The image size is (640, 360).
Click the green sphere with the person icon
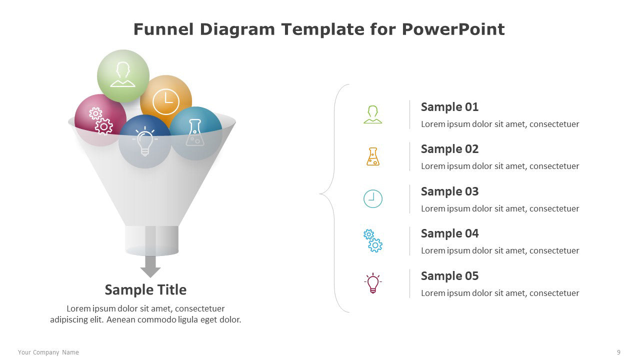[x=123, y=76]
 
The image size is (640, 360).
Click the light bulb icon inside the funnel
[x=145, y=141]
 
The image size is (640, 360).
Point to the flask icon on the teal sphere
[x=195, y=132]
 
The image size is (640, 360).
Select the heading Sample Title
[x=145, y=289]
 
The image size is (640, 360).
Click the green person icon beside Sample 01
[x=373, y=114]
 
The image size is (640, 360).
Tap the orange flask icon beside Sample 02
[x=373, y=156]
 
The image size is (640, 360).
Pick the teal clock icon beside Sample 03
[x=373, y=198]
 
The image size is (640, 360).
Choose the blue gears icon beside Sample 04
[x=373, y=240]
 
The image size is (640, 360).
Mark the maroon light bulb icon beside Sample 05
[x=373, y=283]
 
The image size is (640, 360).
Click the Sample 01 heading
[x=449, y=107]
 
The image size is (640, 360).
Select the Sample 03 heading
[x=449, y=191]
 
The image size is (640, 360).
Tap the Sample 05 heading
[x=449, y=276]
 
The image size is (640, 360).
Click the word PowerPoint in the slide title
[x=453, y=29]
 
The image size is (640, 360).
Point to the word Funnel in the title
[x=163, y=29]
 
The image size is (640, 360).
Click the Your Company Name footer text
[x=48, y=352]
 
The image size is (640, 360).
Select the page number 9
[x=618, y=352]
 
